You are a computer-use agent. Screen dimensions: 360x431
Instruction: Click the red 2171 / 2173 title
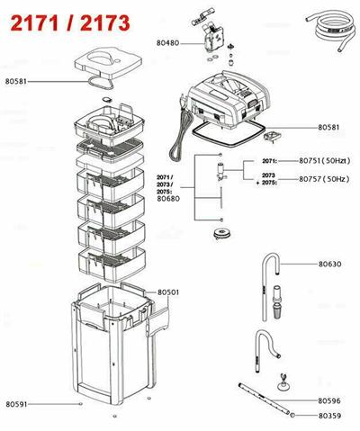click(x=70, y=23)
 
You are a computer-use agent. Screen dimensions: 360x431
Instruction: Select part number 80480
click(x=167, y=43)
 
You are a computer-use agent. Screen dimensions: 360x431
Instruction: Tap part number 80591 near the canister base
click(x=16, y=404)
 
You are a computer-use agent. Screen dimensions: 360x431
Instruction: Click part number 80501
click(x=168, y=292)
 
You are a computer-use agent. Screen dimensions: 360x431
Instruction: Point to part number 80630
click(x=329, y=265)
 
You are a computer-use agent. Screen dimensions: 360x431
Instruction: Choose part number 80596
click(x=329, y=400)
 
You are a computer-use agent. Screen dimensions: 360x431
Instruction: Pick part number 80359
click(x=329, y=416)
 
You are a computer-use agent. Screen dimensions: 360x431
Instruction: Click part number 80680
click(x=168, y=199)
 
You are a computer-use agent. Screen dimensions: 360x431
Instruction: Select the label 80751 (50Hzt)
click(x=325, y=161)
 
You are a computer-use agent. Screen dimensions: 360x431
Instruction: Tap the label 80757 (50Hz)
click(x=324, y=179)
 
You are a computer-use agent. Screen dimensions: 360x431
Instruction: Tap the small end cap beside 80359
click(x=292, y=415)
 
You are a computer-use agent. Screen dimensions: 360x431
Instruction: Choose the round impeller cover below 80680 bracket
click(x=220, y=233)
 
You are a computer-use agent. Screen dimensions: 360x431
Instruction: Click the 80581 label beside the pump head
click(x=328, y=128)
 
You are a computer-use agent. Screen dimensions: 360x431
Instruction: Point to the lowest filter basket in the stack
click(x=112, y=264)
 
